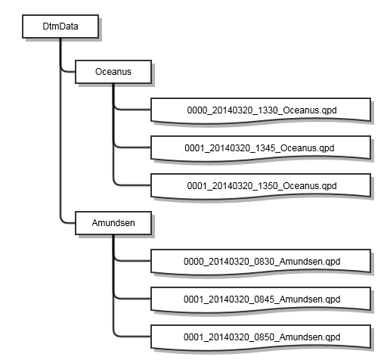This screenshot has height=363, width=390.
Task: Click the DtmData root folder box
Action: coord(60,26)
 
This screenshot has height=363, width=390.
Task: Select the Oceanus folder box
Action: coord(113,72)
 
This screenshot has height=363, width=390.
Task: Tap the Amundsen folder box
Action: coord(113,223)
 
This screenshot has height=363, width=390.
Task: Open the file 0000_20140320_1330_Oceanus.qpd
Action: coord(261,110)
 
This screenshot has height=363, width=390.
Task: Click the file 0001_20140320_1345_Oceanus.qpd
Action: coord(261,148)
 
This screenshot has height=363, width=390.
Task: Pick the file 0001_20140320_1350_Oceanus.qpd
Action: coord(261,186)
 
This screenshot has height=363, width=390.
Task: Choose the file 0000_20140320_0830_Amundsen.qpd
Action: coord(261,262)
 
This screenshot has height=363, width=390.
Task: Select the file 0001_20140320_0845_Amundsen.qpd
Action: coord(261,299)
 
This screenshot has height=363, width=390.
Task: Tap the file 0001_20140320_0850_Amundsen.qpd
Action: coord(261,337)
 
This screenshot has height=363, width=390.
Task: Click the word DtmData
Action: coord(60,26)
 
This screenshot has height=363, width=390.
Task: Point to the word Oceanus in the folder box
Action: coord(113,72)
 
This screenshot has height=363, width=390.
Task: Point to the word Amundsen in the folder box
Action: coord(113,223)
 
